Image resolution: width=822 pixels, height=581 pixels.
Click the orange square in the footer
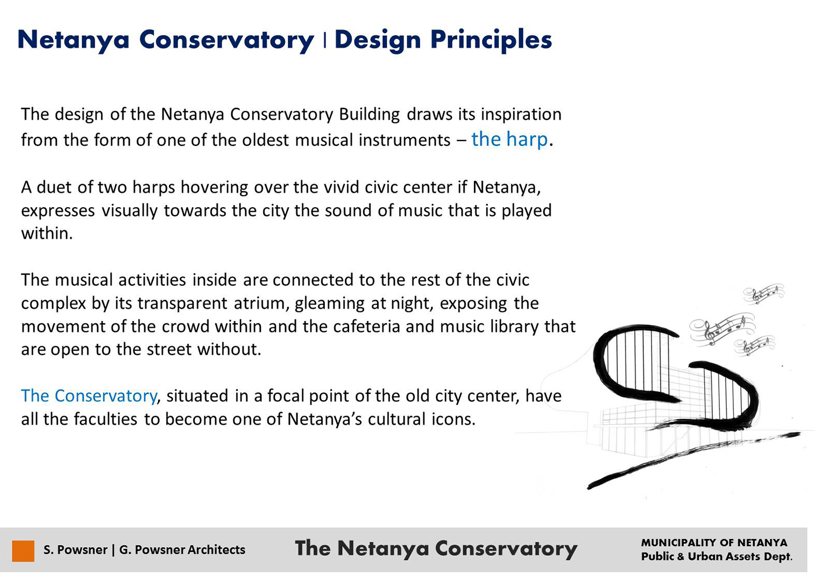pos(23,550)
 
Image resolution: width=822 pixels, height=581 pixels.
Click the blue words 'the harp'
pos(509,139)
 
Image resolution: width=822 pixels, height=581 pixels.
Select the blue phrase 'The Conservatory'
pos(89,395)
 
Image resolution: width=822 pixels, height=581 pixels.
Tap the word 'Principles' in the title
pos(491,40)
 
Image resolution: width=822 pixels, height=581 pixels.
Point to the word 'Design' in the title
pos(378,40)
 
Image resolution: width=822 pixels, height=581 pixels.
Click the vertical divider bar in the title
pos(325,40)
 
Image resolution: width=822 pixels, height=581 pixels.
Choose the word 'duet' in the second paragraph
pos(54,187)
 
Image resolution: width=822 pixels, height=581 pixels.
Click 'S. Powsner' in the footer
pos(75,550)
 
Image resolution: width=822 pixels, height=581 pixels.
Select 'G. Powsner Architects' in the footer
pos(182,550)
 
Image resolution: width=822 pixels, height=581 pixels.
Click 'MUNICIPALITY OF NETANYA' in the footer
pos(714,543)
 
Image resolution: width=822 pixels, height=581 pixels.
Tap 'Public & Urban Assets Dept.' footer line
pos(717,557)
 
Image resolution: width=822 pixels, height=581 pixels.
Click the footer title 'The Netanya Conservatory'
pos(436,549)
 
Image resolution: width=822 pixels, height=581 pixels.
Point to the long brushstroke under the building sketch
pos(693,461)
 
